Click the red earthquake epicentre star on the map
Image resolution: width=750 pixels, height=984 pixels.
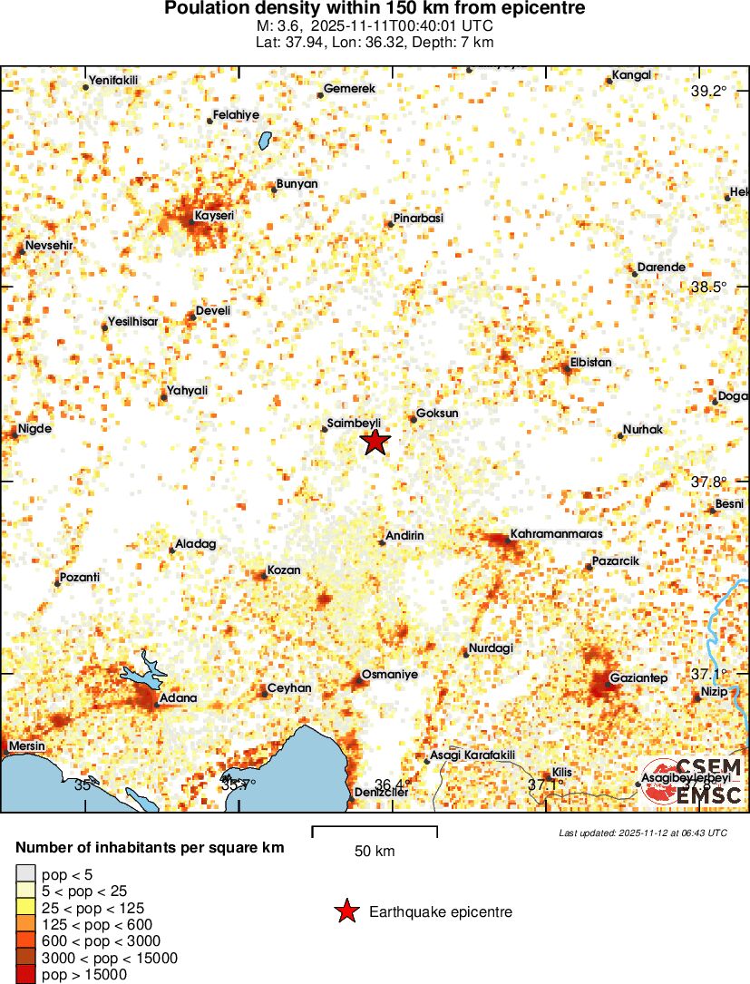(x=375, y=442)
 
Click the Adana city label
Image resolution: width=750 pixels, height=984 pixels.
(x=178, y=698)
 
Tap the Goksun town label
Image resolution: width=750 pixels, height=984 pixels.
(x=436, y=413)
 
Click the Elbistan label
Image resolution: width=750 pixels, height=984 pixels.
(x=590, y=363)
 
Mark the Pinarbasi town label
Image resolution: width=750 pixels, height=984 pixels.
(x=418, y=219)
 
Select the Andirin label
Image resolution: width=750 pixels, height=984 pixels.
(x=404, y=536)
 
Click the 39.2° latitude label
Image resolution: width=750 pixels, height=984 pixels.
(x=709, y=92)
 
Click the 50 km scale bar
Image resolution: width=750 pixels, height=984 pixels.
(x=375, y=828)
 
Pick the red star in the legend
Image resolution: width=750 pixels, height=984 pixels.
(x=346, y=911)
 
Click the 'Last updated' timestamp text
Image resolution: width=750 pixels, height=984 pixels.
(x=643, y=833)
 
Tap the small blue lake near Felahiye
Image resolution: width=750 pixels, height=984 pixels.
(x=265, y=141)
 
